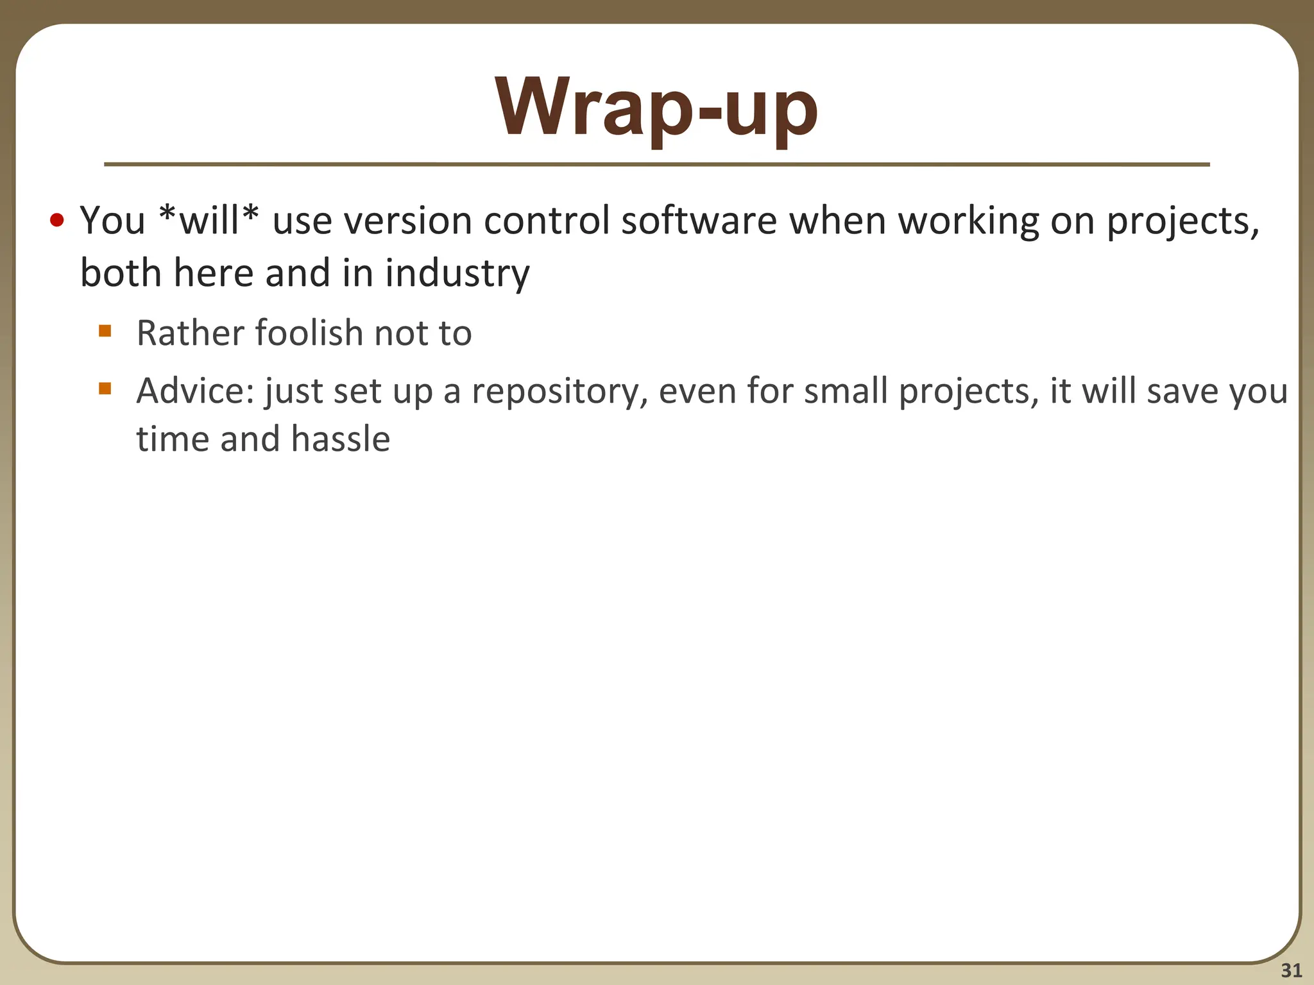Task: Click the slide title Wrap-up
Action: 656,108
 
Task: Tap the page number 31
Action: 1291,970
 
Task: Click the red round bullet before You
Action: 57,221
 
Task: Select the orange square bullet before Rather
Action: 105,332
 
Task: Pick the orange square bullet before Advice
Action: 105,389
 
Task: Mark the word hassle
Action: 340,439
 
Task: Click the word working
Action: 968,221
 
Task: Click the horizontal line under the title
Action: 656,165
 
